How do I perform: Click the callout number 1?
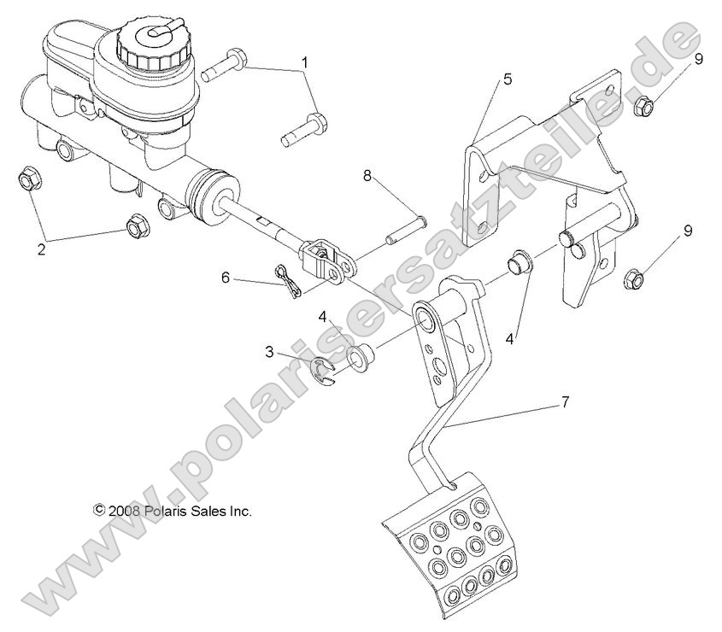coord(303,62)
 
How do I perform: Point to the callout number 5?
coord(508,80)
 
